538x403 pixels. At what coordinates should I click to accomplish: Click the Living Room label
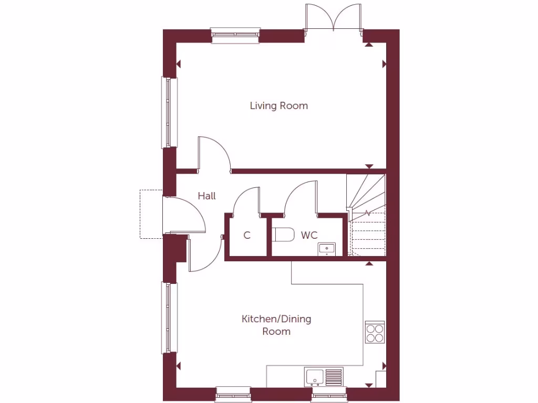[278, 106]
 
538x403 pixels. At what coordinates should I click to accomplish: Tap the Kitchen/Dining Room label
[276, 325]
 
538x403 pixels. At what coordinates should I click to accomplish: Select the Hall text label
[206, 196]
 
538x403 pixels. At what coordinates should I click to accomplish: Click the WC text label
[309, 235]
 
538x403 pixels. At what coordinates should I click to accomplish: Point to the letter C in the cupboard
[246, 236]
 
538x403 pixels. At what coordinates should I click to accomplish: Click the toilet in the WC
[284, 235]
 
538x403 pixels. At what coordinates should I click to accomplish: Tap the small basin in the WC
[327, 248]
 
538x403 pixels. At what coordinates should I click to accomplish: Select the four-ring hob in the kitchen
[375, 332]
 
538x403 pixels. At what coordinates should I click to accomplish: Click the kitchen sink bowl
[315, 376]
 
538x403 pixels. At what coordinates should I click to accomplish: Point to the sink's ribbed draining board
[334, 376]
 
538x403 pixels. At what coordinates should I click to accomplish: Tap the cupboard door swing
[246, 201]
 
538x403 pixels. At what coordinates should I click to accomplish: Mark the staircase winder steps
[366, 193]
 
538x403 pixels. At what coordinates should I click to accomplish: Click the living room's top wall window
[236, 35]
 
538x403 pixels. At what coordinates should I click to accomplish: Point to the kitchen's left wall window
[169, 317]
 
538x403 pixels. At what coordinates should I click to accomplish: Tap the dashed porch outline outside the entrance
[150, 214]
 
